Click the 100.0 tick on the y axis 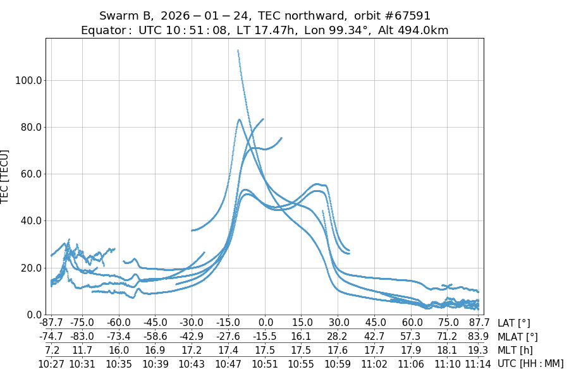coord(29,80)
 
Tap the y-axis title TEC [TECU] coord(6,176)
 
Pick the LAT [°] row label coord(514,323)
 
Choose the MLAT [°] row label coord(518,337)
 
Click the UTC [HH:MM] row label coord(530,363)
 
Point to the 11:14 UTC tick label coord(479,364)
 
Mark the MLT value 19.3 coord(479,350)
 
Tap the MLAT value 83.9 coord(479,337)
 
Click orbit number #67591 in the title coord(393,16)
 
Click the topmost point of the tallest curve coord(238,50)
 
